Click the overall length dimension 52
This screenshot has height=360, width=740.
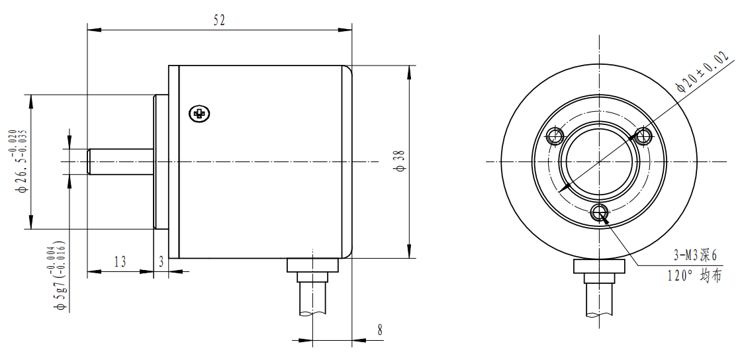point(219,20)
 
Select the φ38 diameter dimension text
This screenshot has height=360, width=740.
point(398,161)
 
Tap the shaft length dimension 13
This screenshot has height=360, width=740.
point(120,261)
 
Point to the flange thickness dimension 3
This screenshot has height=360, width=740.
point(161,261)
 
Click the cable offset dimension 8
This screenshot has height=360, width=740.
point(379,330)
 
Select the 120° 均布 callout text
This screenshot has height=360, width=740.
point(694,276)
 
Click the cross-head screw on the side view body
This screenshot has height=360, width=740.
point(199,114)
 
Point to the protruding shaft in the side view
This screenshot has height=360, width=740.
point(121,161)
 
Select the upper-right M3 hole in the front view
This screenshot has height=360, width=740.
point(642,137)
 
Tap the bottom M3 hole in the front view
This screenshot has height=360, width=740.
point(600,212)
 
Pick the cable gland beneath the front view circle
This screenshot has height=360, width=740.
point(599,266)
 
